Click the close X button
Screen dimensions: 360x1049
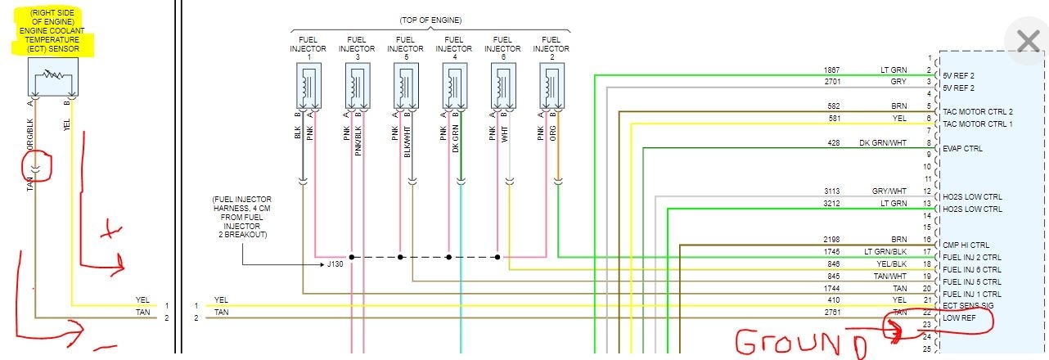click(x=1027, y=41)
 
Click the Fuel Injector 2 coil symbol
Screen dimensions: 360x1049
click(x=552, y=84)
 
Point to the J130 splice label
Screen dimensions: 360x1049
click(x=336, y=263)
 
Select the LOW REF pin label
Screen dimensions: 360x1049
click(x=958, y=317)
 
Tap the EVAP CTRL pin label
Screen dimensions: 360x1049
click(x=963, y=149)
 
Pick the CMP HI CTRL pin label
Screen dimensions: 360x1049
click(x=966, y=245)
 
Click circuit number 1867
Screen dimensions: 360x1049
click(x=833, y=70)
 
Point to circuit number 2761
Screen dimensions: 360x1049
click(x=833, y=312)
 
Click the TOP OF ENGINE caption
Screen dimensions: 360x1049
click(x=430, y=20)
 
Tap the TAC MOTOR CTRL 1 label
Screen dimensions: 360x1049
click(x=978, y=124)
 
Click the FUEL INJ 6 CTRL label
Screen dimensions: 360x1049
click(x=972, y=269)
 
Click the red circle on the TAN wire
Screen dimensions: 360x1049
click(x=38, y=166)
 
